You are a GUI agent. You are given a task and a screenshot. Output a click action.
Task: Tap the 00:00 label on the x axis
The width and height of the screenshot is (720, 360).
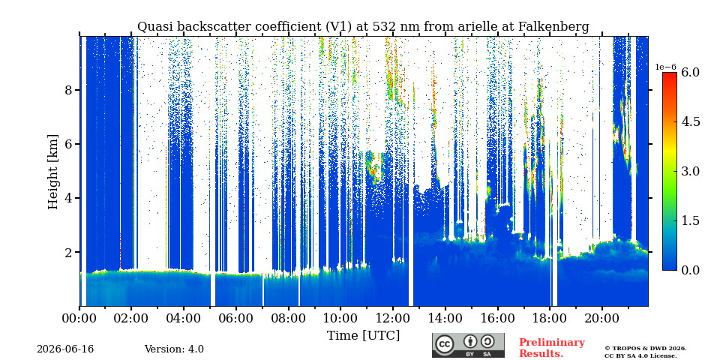click(x=79, y=318)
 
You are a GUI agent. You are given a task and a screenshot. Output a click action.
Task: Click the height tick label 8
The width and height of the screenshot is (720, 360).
click(x=69, y=90)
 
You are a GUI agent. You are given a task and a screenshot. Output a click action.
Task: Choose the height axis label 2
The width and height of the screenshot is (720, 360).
click(x=69, y=253)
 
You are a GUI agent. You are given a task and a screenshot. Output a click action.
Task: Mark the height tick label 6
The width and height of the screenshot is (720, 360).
click(x=69, y=144)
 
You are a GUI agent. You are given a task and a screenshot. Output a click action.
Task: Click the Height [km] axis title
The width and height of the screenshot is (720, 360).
click(x=54, y=172)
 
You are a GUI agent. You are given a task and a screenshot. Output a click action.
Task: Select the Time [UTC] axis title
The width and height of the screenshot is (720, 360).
click(x=363, y=336)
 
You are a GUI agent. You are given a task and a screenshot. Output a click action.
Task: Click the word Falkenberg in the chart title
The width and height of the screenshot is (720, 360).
click(x=553, y=27)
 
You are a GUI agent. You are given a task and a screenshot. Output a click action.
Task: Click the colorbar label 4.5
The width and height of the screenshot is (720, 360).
click(x=690, y=121)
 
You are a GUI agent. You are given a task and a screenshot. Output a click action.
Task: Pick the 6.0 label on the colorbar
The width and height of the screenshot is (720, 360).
click(x=690, y=72)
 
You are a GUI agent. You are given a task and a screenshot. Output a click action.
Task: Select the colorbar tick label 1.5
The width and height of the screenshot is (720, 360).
click(x=690, y=220)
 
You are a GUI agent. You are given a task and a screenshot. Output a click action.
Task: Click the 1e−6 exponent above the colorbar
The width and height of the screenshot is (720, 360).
click(x=666, y=67)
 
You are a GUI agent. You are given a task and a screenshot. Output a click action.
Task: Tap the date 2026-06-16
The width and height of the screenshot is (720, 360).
click(x=65, y=349)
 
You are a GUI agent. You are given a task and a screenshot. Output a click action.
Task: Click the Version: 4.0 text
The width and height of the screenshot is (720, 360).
click(x=174, y=349)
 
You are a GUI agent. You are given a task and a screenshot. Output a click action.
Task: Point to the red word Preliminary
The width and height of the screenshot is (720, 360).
click(x=552, y=343)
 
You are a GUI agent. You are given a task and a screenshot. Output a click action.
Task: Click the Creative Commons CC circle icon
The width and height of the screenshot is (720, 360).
click(x=445, y=344)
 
